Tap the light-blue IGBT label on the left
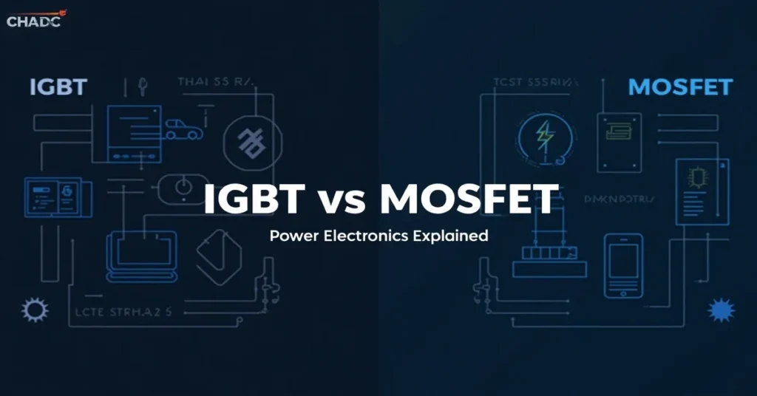(58, 88)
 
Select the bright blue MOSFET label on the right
(679, 88)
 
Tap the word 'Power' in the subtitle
(291, 236)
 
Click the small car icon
(180, 130)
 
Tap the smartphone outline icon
(623, 265)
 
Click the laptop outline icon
(142, 256)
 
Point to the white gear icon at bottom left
(34, 310)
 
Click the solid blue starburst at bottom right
(721, 310)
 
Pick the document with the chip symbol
(697, 190)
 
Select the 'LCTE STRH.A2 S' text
(129, 312)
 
